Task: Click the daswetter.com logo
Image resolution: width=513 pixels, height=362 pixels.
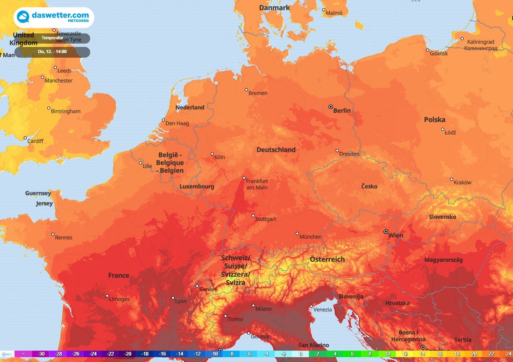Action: coord(54,17)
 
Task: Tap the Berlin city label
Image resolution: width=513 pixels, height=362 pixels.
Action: coord(342,111)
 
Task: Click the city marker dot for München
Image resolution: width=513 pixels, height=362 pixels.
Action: coord(297,233)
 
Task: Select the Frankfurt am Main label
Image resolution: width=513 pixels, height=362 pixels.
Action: coord(256,184)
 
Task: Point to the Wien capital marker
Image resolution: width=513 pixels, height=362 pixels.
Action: coord(386,231)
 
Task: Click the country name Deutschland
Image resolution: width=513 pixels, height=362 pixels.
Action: coord(276,150)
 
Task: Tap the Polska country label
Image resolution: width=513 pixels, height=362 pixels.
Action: coord(434,119)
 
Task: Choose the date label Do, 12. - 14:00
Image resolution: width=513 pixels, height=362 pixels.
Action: coord(52,52)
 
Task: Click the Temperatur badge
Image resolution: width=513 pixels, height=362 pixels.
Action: coord(52,38)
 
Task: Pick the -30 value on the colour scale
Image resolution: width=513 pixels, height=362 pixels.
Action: coord(40,354)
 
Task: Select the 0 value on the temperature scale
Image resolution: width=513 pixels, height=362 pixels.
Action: coord(300,354)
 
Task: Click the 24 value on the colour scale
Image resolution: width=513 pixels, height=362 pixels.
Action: coord(508,354)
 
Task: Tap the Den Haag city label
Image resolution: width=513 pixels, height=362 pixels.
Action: coord(177,123)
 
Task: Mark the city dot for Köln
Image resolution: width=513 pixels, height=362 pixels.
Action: coord(212,154)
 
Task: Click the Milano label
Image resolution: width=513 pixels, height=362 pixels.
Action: coord(263,309)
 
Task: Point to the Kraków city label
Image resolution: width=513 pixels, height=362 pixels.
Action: coord(462,182)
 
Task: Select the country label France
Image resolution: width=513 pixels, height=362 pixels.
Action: coord(119,275)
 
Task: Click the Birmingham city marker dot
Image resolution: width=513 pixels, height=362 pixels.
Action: coord(49,108)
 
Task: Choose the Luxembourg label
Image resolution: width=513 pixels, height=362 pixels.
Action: coord(197,186)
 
